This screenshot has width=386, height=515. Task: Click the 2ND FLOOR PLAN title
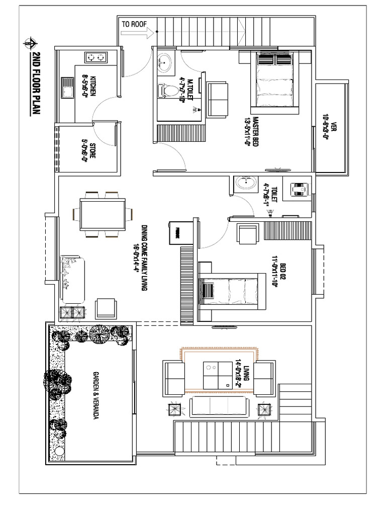point(36,83)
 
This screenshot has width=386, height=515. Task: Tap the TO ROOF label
point(133,23)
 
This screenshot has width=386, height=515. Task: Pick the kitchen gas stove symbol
point(97,58)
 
